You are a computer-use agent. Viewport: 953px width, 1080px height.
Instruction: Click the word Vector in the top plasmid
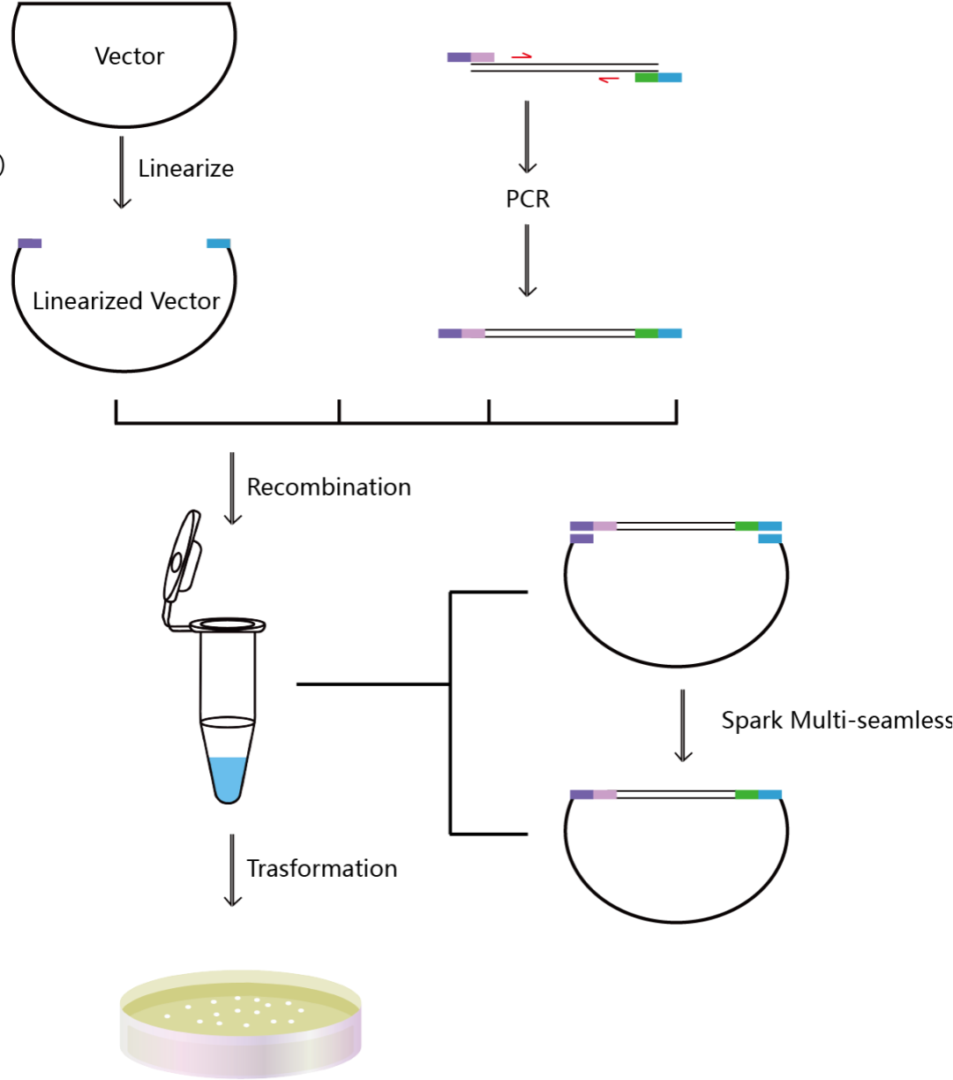click(130, 56)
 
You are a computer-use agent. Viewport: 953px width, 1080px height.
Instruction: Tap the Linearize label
click(186, 169)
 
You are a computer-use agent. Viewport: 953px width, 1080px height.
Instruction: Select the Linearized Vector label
click(126, 301)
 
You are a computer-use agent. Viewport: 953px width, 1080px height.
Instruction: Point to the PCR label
click(528, 199)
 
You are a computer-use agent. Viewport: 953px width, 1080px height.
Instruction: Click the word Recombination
click(328, 487)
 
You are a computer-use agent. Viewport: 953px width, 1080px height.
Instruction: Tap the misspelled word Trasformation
click(322, 868)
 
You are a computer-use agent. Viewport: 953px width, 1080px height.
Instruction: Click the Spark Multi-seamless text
click(837, 721)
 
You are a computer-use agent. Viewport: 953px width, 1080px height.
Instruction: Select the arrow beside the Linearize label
click(122, 172)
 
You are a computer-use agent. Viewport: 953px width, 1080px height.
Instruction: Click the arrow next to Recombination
click(232, 488)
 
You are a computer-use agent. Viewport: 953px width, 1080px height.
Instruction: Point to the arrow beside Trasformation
click(232, 870)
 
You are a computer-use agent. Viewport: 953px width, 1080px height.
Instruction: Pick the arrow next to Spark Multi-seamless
click(683, 726)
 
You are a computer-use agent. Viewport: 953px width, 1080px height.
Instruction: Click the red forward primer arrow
click(522, 56)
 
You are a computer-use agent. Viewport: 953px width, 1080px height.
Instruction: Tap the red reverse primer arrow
click(609, 79)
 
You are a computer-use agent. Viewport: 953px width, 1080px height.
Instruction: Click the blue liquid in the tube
click(228, 778)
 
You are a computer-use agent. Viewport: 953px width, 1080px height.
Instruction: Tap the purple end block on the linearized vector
click(30, 244)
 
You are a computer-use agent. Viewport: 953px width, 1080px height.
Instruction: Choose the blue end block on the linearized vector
click(219, 244)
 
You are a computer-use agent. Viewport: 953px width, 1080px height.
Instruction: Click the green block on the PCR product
click(647, 334)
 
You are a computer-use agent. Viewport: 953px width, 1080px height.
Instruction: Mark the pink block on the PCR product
click(474, 334)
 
